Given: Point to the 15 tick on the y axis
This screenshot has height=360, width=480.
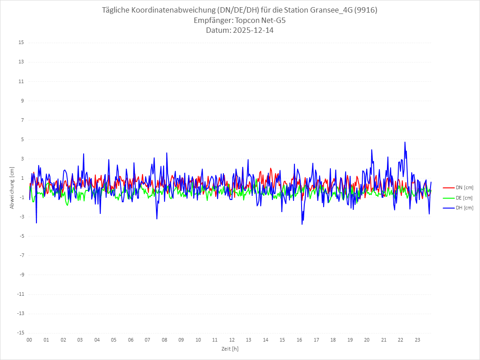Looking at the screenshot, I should click(21, 43).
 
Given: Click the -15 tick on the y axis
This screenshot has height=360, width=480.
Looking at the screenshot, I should click(20, 333).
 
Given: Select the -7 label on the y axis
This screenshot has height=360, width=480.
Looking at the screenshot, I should click(21, 255).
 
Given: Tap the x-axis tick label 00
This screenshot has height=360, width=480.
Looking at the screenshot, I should click(29, 340).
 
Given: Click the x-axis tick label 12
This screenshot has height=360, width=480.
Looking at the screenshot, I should click(232, 340).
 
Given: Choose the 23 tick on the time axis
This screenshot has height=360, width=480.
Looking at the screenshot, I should click(418, 340).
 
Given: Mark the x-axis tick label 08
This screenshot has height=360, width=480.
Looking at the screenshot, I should click(164, 340).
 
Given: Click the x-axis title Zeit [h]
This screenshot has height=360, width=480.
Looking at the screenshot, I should click(230, 348).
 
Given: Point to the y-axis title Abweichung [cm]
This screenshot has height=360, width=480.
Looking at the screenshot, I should click(12, 187).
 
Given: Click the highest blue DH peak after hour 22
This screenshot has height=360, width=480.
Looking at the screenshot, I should click(405, 142).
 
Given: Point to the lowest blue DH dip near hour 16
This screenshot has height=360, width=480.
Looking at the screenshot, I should click(302, 224).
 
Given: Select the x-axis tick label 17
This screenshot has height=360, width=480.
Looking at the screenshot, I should click(316, 340).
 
